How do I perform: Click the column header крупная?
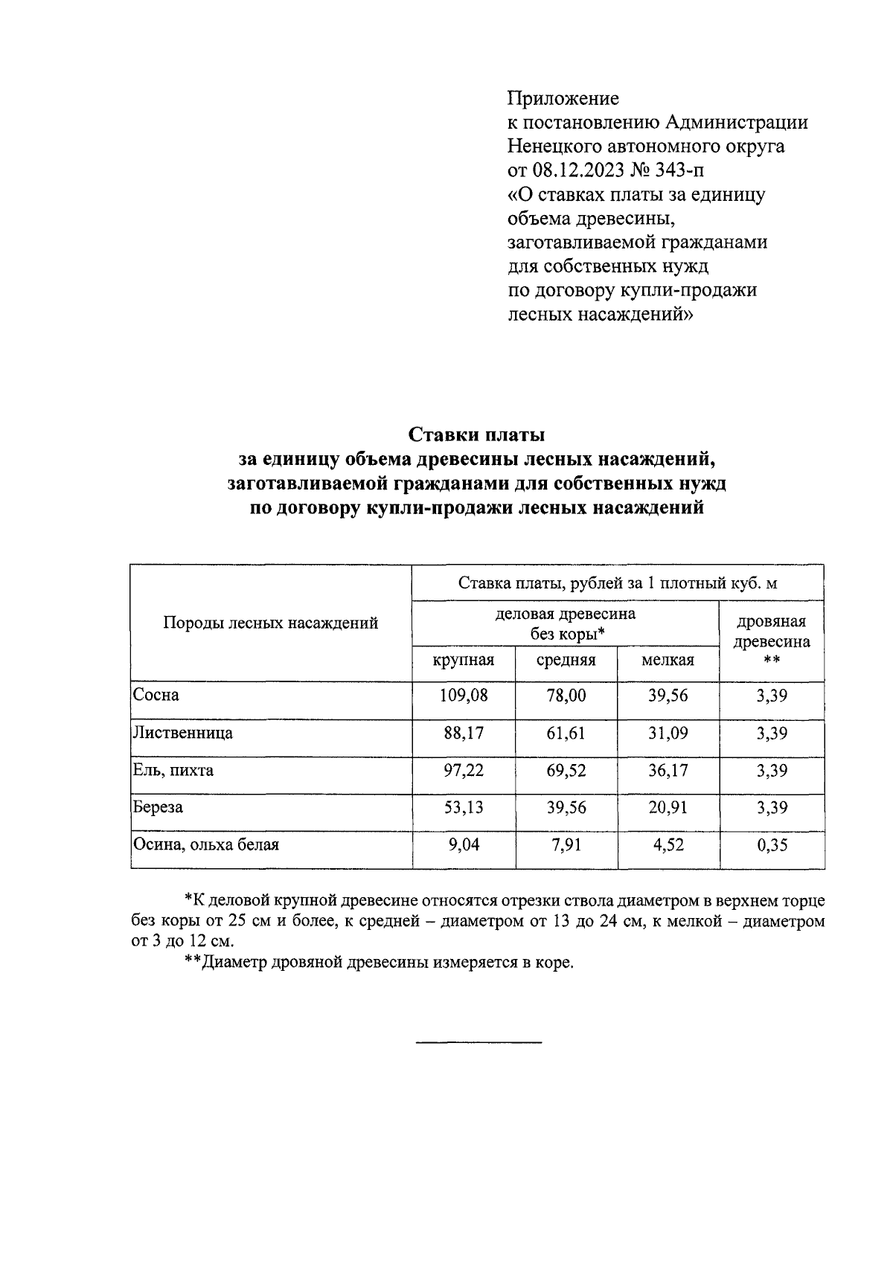click(464, 660)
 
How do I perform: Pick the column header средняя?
click(566, 660)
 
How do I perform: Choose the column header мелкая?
click(668, 660)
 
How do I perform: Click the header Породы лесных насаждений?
click(271, 623)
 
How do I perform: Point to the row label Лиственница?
click(182, 733)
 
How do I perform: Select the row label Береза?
click(158, 807)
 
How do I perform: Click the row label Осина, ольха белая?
click(205, 844)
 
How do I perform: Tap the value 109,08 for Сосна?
click(464, 696)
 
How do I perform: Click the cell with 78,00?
click(566, 696)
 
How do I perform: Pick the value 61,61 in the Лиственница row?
click(566, 733)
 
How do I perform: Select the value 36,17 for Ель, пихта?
click(668, 770)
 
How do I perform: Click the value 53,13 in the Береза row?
click(464, 807)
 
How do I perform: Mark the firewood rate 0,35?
click(772, 844)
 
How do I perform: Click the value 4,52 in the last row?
click(668, 844)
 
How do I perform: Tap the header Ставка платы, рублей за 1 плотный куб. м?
click(618, 583)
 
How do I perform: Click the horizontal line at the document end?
click(478, 1041)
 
